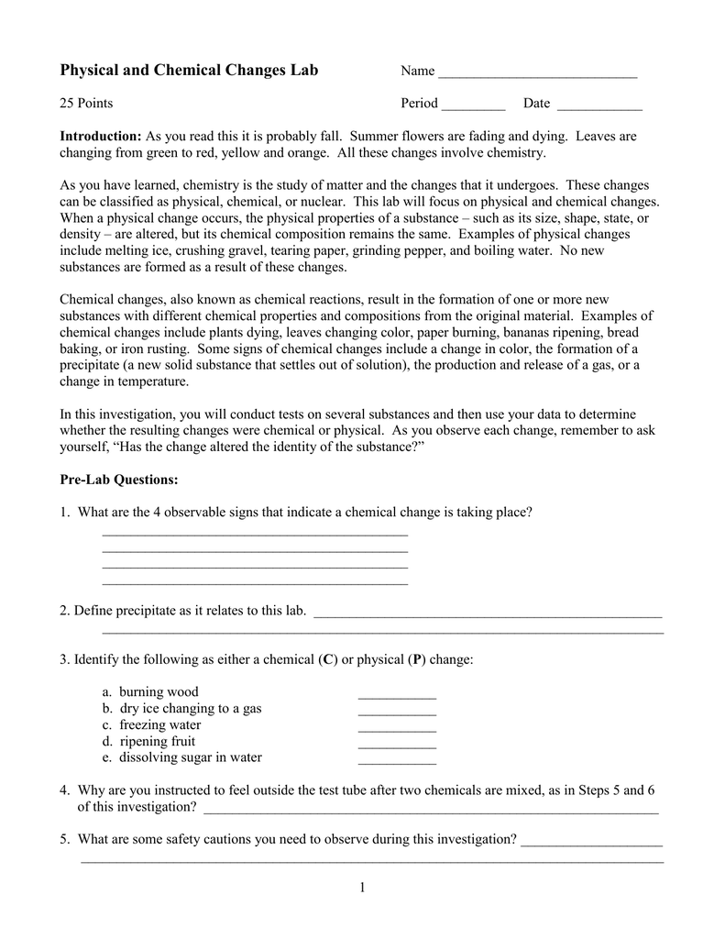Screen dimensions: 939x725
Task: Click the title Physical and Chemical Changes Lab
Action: pos(189,71)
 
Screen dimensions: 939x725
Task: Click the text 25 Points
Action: pos(86,104)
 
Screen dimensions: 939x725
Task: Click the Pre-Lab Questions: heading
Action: pos(119,480)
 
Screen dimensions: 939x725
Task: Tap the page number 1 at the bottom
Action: pos(362,887)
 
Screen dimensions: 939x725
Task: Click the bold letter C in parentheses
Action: pos(327,659)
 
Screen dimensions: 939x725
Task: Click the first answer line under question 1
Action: pos(255,534)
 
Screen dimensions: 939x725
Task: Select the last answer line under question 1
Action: pos(255,583)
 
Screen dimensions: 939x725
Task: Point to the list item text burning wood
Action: pos(159,691)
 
